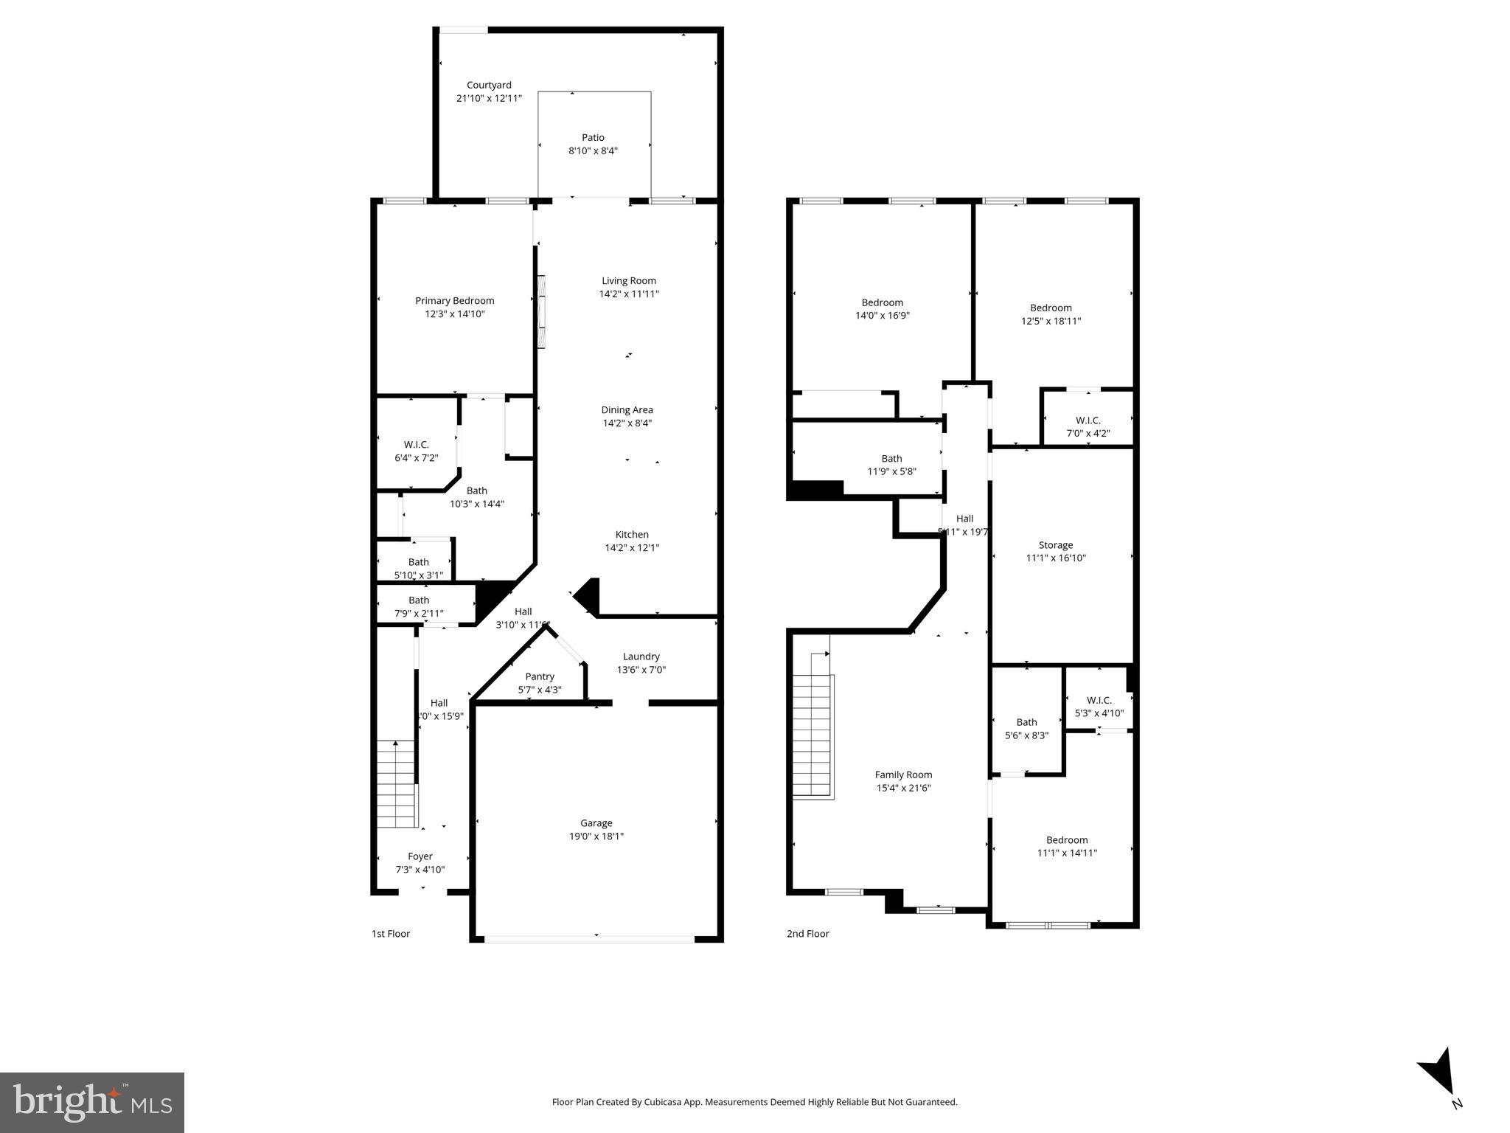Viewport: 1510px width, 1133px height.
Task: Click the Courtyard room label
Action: point(489,86)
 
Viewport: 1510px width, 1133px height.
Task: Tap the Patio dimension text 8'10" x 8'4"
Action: point(593,151)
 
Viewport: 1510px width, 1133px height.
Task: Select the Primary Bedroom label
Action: point(454,301)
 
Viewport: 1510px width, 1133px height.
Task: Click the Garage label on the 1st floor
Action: point(596,823)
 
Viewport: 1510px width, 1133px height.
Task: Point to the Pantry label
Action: point(540,677)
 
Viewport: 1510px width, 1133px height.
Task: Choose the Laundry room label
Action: point(641,656)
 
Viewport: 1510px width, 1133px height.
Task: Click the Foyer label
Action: point(420,856)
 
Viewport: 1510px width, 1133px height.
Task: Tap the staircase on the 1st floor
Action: point(397,785)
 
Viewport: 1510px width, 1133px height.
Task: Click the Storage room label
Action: point(1056,545)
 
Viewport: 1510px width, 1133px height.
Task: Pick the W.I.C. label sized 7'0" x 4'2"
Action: point(1088,420)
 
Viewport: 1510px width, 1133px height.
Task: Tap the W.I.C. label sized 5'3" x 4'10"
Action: point(1099,700)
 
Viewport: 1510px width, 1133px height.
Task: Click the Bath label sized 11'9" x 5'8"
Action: point(891,459)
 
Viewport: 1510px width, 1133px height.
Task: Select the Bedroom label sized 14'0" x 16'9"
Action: point(882,302)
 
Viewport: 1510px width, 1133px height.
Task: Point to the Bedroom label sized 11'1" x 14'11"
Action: point(1067,840)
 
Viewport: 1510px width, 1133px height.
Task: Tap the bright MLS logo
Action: point(92,1103)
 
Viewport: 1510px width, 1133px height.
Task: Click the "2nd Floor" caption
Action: point(807,934)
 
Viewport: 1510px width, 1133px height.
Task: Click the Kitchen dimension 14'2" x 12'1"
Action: point(632,548)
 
